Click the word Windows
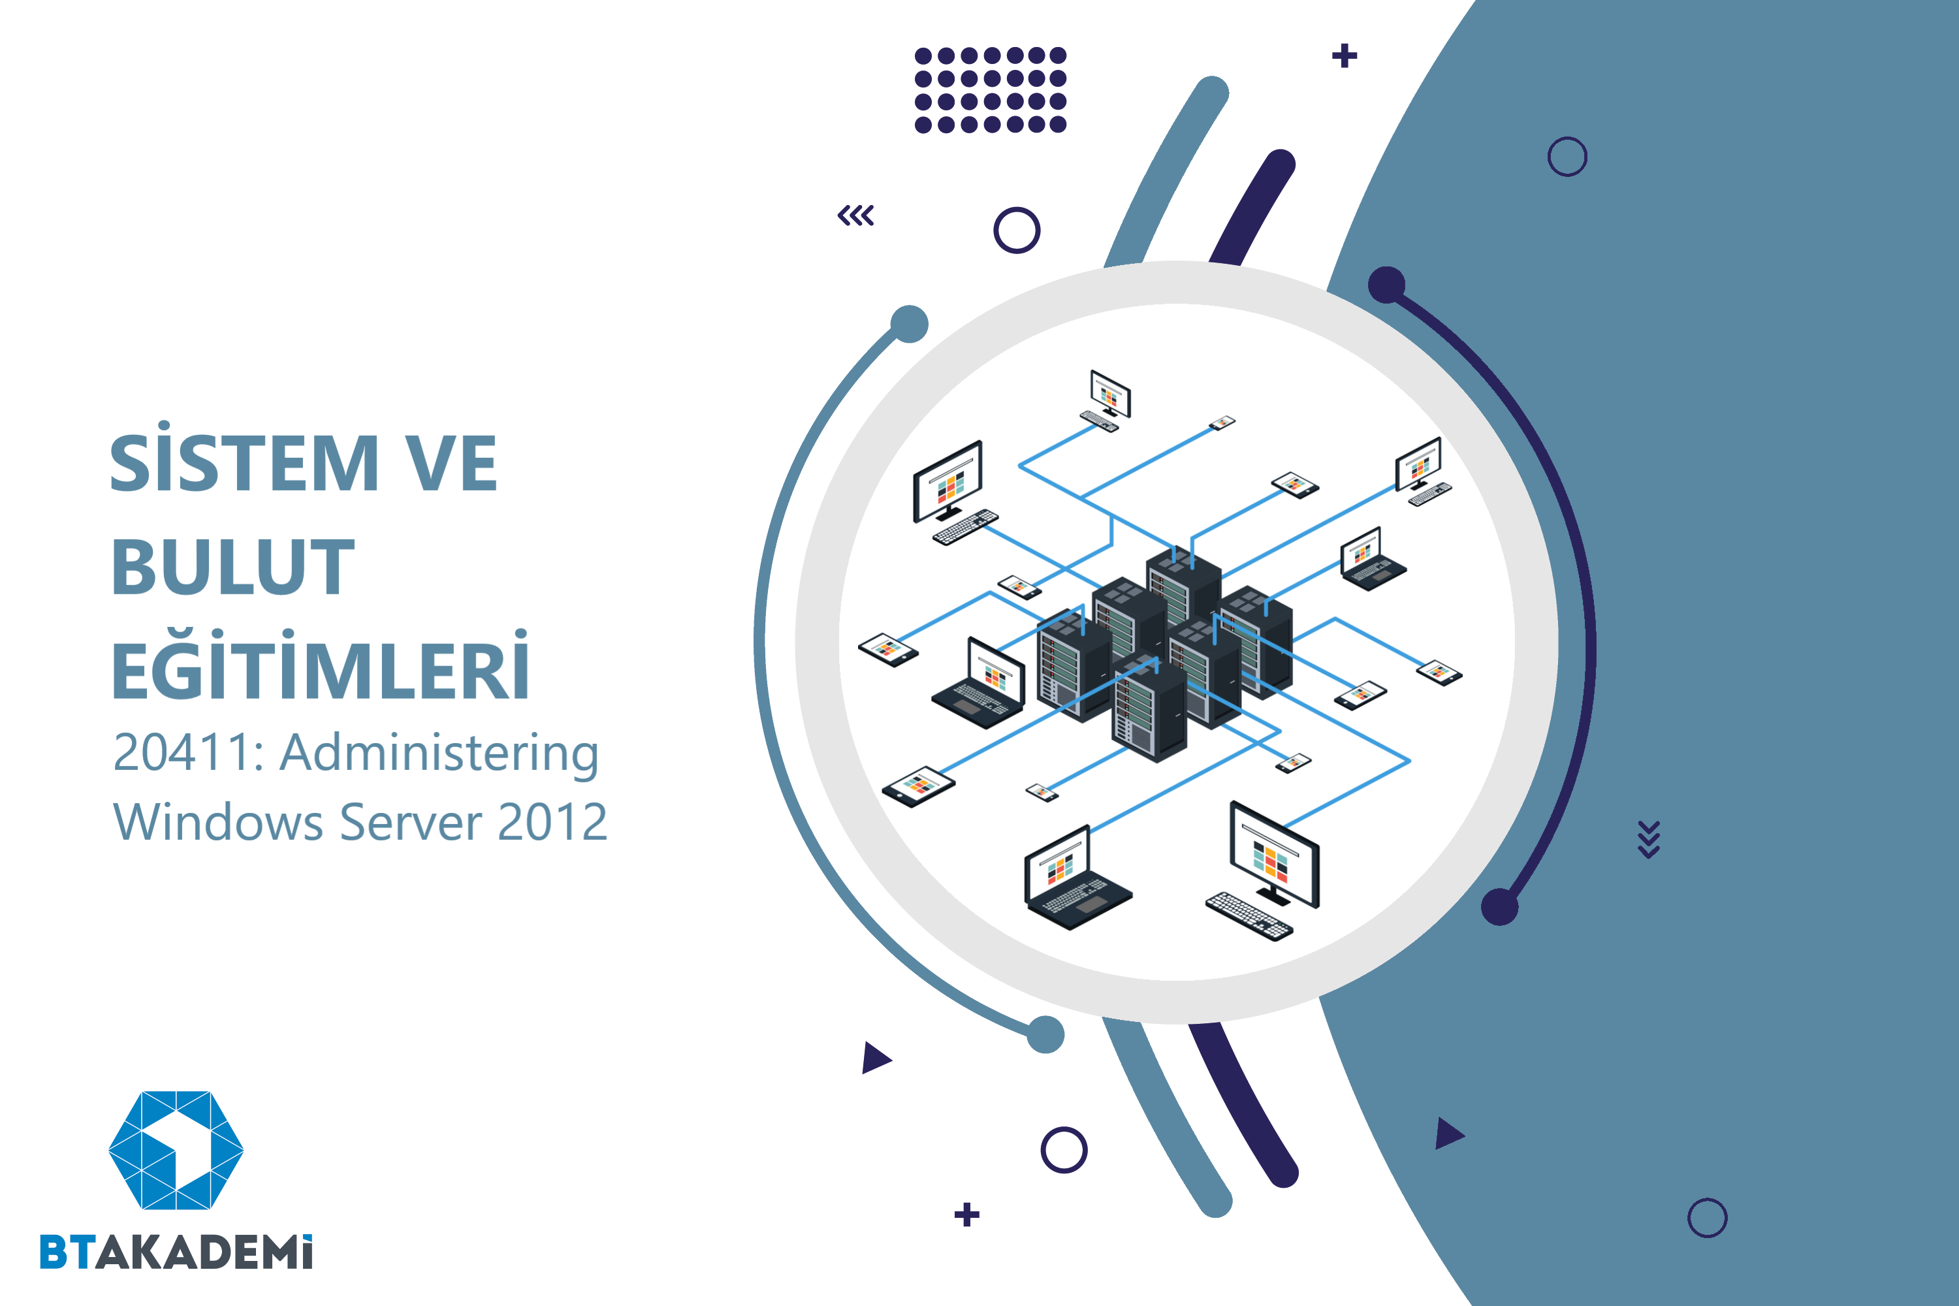point(218,822)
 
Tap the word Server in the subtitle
point(411,822)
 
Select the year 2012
point(552,822)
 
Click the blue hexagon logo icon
point(176,1149)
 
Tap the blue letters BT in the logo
point(66,1252)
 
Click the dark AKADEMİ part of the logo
point(204,1252)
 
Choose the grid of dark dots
point(991,90)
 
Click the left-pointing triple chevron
point(855,215)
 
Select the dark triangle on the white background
point(876,1058)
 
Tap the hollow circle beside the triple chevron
point(1017,230)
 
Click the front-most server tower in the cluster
point(1149,708)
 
